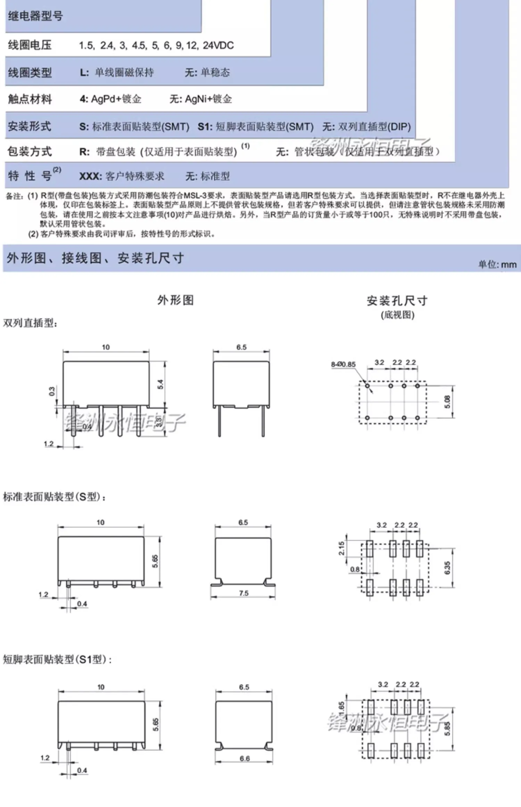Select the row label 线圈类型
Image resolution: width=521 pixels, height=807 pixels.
[30, 73]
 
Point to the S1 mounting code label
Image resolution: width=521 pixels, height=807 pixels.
[205, 127]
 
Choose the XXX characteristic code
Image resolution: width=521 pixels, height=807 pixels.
[90, 176]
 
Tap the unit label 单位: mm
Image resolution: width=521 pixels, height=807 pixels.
[497, 264]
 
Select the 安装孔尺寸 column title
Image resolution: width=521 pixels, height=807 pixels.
[397, 301]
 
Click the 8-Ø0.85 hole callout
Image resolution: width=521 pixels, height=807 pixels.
[343, 364]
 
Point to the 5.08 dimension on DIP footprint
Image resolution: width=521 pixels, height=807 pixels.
[447, 401]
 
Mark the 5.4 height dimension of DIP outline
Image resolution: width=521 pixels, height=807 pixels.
[160, 384]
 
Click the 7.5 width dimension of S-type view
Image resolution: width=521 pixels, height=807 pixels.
[243, 593]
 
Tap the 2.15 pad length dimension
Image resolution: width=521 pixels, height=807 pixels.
[342, 548]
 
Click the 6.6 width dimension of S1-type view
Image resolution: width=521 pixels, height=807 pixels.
[245, 758]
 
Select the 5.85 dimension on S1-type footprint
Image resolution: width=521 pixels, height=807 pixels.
[447, 728]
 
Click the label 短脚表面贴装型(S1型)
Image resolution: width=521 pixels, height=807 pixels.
[57, 659]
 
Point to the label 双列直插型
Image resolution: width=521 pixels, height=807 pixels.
[30, 323]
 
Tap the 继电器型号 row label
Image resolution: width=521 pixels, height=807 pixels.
[35, 16]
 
